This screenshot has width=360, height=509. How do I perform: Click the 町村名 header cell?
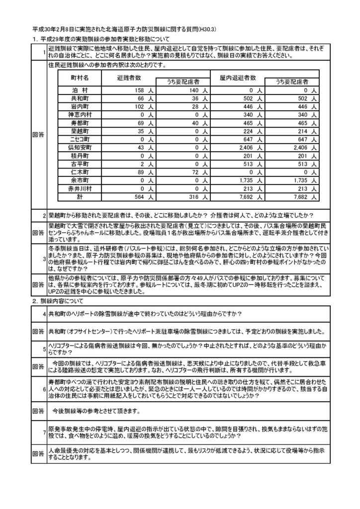80,78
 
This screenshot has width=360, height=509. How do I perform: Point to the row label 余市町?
80,180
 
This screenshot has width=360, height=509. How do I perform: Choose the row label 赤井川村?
80,188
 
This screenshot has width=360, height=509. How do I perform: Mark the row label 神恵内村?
80,115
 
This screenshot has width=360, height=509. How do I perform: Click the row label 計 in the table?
80,196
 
